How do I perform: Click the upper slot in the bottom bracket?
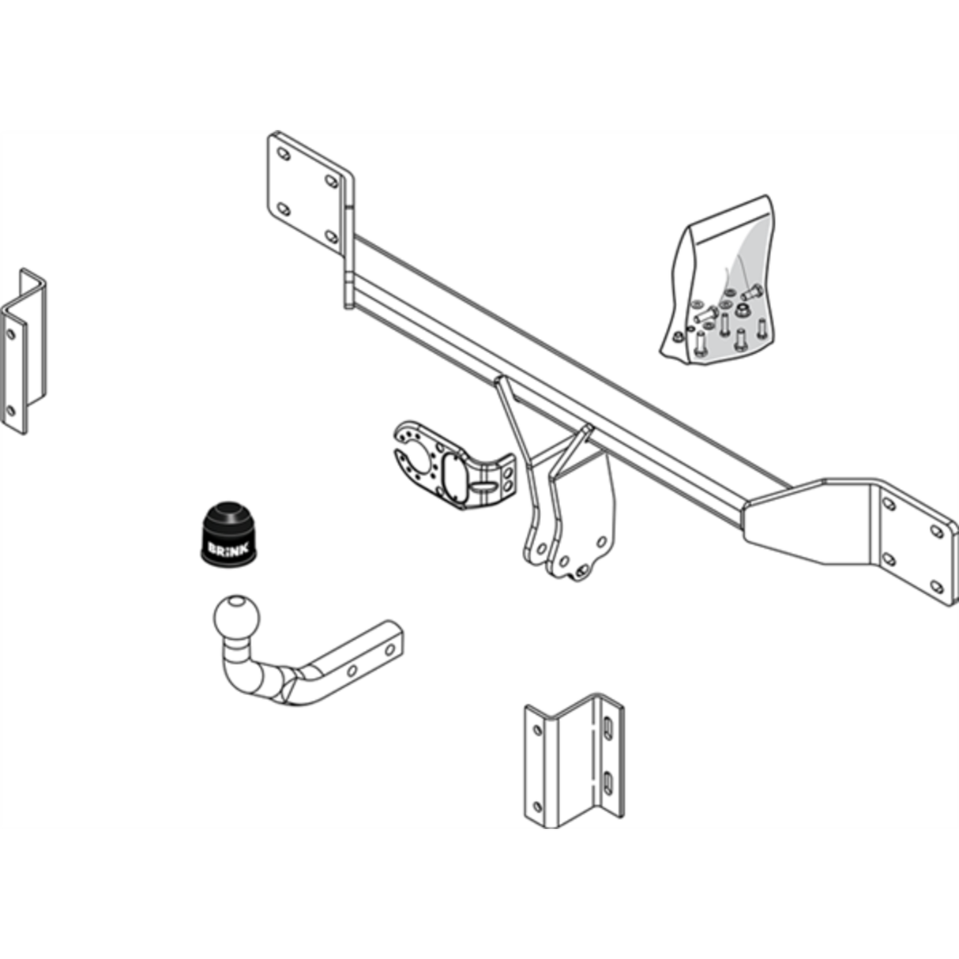click(608, 728)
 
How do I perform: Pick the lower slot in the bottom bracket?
click(607, 783)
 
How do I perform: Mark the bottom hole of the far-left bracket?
click(10, 411)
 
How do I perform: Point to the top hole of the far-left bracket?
click(10, 335)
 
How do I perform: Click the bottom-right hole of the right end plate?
click(937, 585)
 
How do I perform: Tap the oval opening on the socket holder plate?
click(457, 481)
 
